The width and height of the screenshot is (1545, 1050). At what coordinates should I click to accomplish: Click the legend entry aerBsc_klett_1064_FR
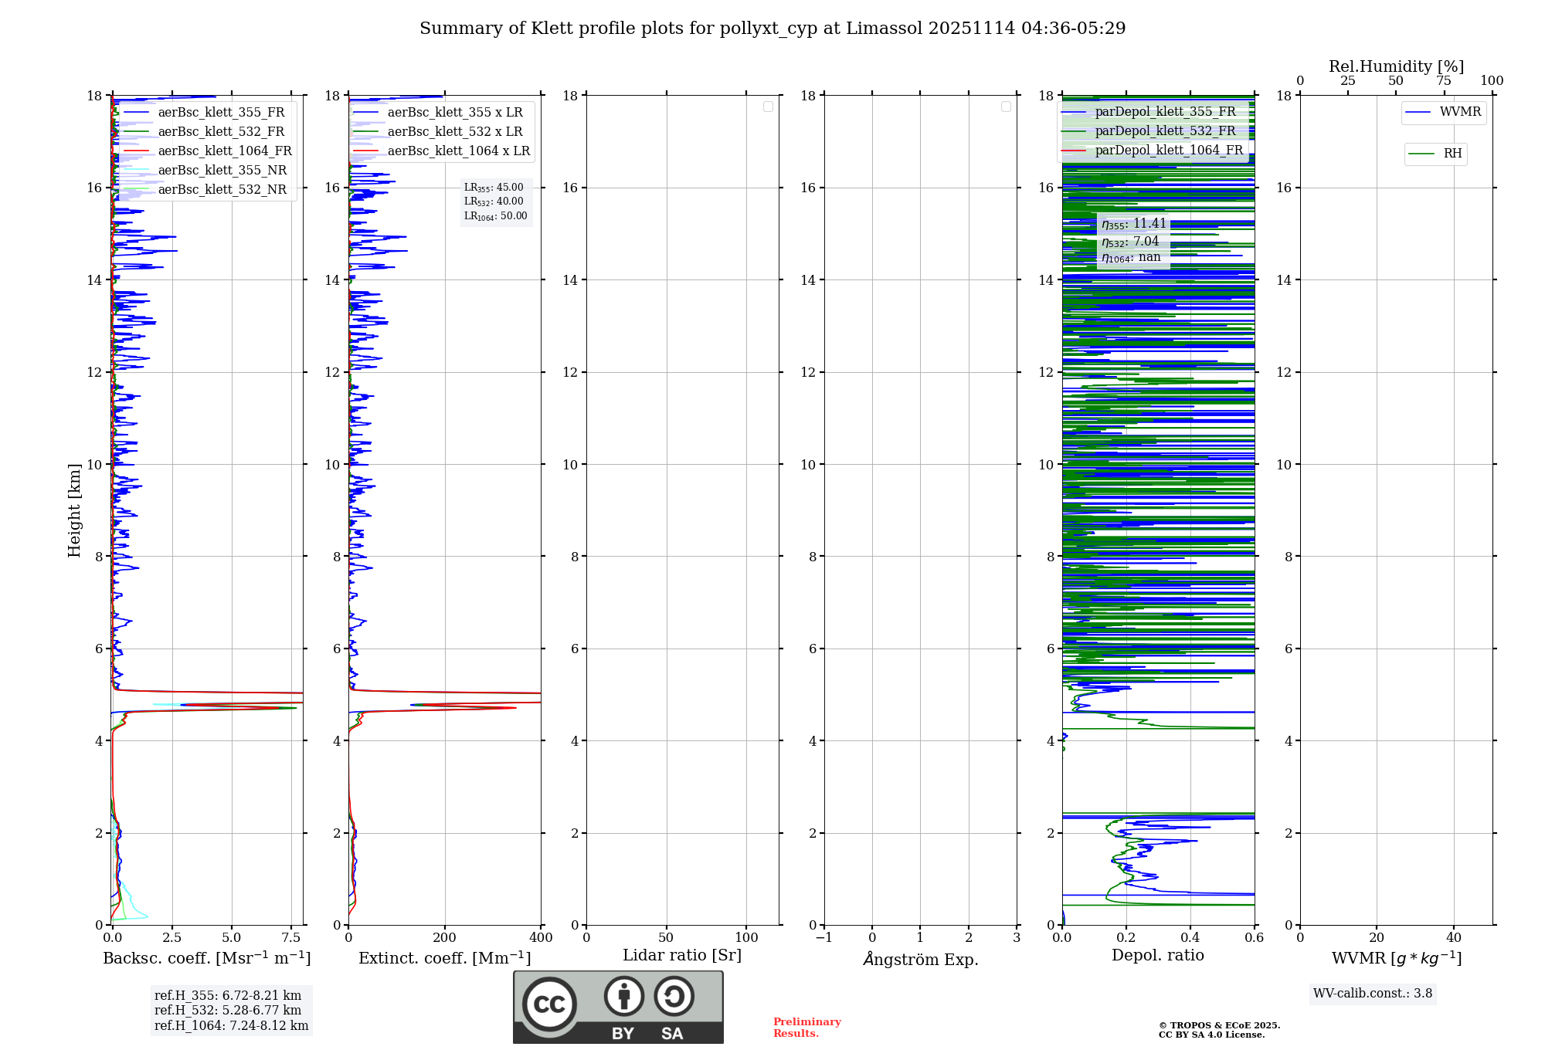[225, 151]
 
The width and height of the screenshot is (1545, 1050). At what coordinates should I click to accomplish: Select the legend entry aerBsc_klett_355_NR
[222, 171]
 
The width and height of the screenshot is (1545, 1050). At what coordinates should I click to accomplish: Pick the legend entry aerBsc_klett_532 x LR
[454, 132]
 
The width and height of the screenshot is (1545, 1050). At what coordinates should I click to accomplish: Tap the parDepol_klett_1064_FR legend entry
[1169, 151]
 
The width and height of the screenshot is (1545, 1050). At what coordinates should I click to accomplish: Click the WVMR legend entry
[1460, 112]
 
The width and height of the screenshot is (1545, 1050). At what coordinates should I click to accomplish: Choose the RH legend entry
[1452, 154]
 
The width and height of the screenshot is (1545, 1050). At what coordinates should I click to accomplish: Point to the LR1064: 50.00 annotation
[495, 216]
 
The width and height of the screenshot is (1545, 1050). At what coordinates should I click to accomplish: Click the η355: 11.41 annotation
[1133, 224]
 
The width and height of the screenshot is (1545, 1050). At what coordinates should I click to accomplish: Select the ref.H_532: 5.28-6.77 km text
[228, 1010]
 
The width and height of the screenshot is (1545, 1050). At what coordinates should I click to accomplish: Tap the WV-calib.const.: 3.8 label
[1373, 994]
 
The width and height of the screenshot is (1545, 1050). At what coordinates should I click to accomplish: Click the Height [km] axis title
[74, 510]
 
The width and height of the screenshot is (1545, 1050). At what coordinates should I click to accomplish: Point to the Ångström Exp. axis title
[920, 959]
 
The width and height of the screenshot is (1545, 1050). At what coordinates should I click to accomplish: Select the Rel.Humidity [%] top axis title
[1396, 66]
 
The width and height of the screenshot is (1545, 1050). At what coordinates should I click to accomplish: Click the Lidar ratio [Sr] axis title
[682, 956]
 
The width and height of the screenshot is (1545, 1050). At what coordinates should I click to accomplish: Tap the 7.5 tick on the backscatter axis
[291, 938]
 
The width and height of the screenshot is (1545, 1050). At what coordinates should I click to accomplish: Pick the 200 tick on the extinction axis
[444, 938]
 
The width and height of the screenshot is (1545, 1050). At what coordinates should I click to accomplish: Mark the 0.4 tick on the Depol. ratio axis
[1190, 938]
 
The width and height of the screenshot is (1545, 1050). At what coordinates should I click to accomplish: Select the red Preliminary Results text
[806, 1028]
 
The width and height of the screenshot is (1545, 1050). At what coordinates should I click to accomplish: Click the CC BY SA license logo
[618, 1008]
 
